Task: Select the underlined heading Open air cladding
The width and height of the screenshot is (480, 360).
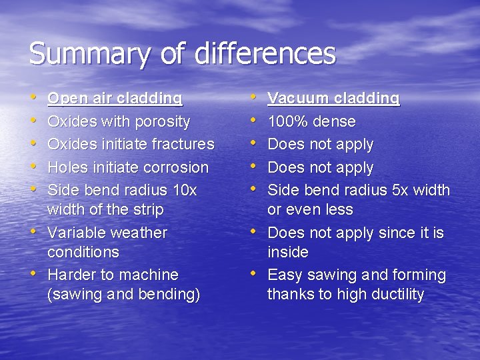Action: [115, 99]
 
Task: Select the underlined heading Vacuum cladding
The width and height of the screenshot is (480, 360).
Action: [333, 99]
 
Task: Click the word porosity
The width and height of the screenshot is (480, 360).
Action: [163, 121]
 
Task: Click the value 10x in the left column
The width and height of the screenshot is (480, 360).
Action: [185, 190]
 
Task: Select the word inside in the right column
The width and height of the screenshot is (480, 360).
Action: [287, 252]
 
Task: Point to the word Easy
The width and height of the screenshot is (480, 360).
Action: [285, 275]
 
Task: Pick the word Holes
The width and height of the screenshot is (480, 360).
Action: [67, 167]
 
